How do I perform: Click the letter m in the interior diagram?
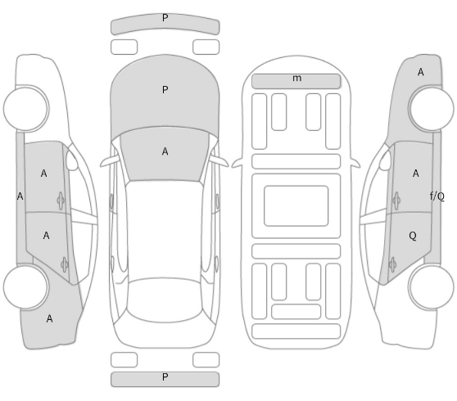pyautogui.click(x=296, y=79)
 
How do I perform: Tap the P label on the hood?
pyautogui.click(x=165, y=90)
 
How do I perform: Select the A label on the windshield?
pyautogui.click(x=165, y=151)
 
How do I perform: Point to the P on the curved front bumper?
pyautogui.click(x=165, y=18)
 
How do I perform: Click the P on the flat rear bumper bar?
pyautogui.click(x=165, y=377)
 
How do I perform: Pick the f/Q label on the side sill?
pyautogui.click(x=437, y=196)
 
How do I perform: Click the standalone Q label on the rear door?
pyautogui.click(x=413, y=236)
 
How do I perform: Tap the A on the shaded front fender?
pyautogui.click(x=421, y=72)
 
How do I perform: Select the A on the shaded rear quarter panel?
pyautogui.click(x=49, y=319)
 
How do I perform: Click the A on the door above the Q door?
pyautogui.click(x=415, y=173)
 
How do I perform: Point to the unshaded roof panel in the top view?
pyautogui.click(x=165, y=228)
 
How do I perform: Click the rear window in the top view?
pyautogui.click(x=165, y=300)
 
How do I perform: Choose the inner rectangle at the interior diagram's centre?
pyautogui.click(x=296, y=206)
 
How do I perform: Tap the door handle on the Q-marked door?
pyautogui.click(x=392, y=264)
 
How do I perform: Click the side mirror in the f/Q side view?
pyautogui.click(x=385, y=160)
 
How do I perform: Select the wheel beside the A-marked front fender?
pyautogui.click(x=431, y=109)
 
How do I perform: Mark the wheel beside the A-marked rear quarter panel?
pyautogui.click(x=26, y=287)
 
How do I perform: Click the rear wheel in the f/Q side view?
pyautogui.click(x=431, y=287)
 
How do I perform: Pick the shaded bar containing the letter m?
pyautogui.click(x=296, y=81)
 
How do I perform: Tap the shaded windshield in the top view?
pyautogui.click(x=165, y=154)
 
